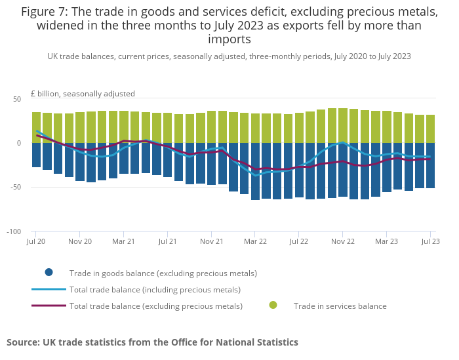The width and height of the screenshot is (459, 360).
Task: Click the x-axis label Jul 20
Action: point(36,241)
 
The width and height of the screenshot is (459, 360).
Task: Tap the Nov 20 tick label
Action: point(79,241)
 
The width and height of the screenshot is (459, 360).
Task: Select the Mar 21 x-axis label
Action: point(123,241)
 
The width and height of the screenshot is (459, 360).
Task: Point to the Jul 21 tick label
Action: point(167,241)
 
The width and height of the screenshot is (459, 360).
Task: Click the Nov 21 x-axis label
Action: point(211,241)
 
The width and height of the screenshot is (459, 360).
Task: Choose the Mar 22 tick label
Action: point(255,241)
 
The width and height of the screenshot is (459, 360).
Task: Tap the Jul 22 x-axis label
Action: point(299,241)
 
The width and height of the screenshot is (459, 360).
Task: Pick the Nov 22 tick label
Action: point(342,241)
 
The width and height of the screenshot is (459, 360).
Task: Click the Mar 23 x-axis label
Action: point(386,241)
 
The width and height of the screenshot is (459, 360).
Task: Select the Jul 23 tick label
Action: point(430,241)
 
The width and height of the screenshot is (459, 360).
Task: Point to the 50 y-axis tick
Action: point(17,99)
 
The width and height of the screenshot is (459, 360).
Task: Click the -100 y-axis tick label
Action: point(14,232)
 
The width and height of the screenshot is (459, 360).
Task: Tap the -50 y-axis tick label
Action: point(16,188)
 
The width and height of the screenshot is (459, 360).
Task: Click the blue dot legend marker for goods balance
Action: point(49,273)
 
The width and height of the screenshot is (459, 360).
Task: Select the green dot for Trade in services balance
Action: point(273,305)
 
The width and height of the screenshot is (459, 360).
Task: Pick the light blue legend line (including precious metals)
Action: point(49,289)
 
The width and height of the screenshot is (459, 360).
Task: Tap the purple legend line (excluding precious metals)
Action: point(49,306)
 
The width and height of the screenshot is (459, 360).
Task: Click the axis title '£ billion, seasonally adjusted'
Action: point(83,94)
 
